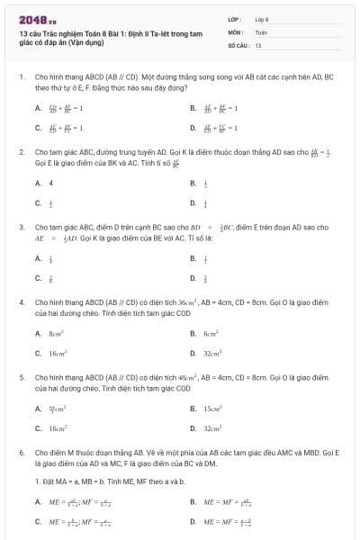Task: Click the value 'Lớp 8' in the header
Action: [x=262, y=18]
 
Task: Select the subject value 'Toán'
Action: [x=261, y=31]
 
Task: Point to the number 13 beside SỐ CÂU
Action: [x=258, y=44]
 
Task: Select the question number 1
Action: [x=22, y=78]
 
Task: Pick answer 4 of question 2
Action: [x=51, y=183]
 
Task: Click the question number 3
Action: [x=22, y=228]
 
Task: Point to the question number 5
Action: [x=22, y=377]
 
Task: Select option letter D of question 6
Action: [x=193, y=521]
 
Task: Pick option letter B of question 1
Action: [x=193, y=107]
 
